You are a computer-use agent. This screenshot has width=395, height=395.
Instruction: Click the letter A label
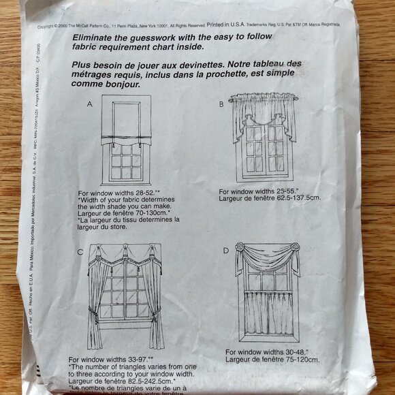[x=90, y=105]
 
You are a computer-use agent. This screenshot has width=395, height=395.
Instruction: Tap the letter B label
[x=221, y=104]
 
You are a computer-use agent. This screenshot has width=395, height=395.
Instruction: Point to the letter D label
[x=226, y=251]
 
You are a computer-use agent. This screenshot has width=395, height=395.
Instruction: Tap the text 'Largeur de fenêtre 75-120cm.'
[x=272, y=359]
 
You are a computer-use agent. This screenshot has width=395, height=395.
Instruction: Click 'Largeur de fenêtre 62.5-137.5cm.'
[x=270, y=198]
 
